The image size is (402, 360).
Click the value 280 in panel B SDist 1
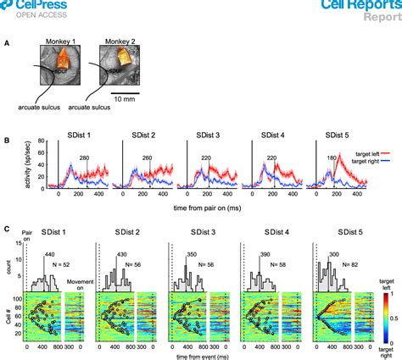[x=84, y=158]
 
